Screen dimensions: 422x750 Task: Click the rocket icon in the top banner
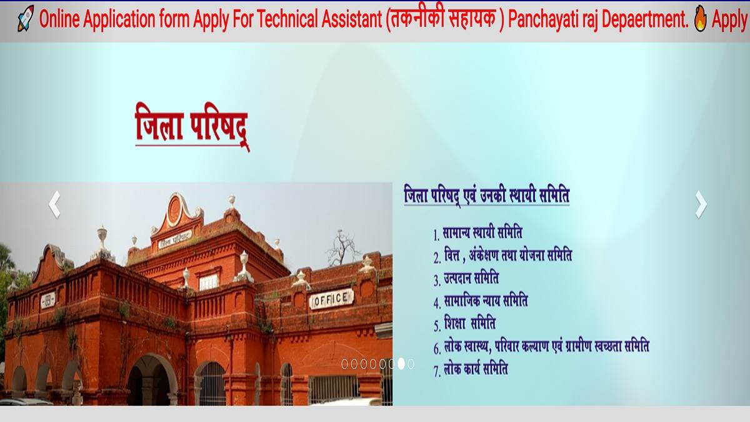[26, 19]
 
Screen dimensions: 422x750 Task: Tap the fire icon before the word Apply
[700, 19]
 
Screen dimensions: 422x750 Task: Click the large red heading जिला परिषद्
[192, 126]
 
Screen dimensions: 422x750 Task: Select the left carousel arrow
[54, 204]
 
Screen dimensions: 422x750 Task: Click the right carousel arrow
[701, 204]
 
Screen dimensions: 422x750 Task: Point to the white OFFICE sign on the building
[331, 299]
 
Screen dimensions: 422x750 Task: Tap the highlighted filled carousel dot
[401, 363]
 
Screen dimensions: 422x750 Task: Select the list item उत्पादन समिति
[470, 279]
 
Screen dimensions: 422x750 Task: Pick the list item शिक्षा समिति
[469, 324]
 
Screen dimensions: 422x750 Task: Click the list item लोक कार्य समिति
[474, 369]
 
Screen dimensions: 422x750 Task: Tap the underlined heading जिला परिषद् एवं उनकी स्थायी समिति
[486, 195]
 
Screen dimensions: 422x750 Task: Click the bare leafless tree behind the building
[342, 247]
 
